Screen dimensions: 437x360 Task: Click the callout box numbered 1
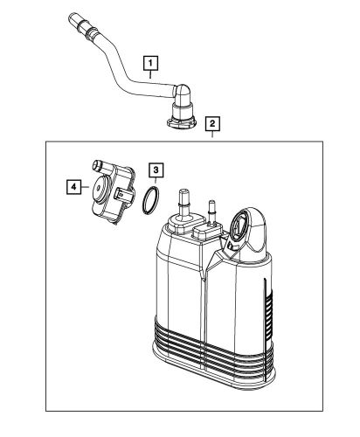(150, 63)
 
